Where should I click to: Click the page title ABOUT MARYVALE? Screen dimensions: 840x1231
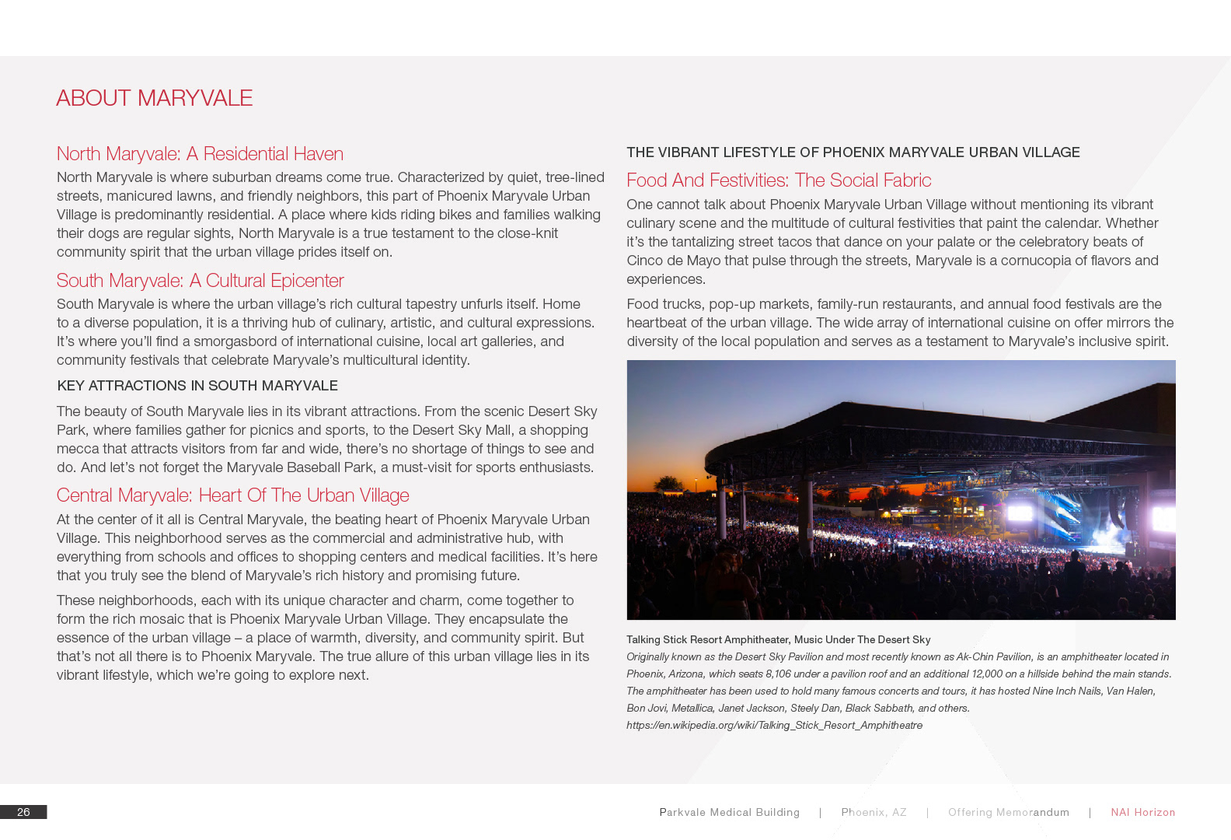coord(154,98)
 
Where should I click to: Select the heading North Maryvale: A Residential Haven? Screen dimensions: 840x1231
coord(200,154)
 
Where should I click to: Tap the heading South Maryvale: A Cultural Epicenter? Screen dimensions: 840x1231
coord(200,281)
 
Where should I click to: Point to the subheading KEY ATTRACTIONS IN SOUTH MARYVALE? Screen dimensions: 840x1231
coord(197,386)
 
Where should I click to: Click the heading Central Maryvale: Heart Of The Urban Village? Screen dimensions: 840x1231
coord(232,495)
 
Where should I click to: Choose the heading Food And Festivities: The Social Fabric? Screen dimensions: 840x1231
coord(779,180)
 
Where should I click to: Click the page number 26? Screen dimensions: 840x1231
coord(23,812)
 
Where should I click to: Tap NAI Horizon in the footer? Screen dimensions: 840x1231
coord(1142,812)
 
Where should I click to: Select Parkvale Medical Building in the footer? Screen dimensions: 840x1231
coord(729,812)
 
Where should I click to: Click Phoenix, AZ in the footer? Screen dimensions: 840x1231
coord(874,812)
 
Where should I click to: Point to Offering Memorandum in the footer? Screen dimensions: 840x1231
coord(1008,812)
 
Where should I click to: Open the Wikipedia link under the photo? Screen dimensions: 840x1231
coord(774,725)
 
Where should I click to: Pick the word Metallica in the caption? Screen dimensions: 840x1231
coord(692,708)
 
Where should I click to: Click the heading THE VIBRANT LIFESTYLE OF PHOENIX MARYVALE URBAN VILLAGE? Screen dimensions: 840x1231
coord(853,152)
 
